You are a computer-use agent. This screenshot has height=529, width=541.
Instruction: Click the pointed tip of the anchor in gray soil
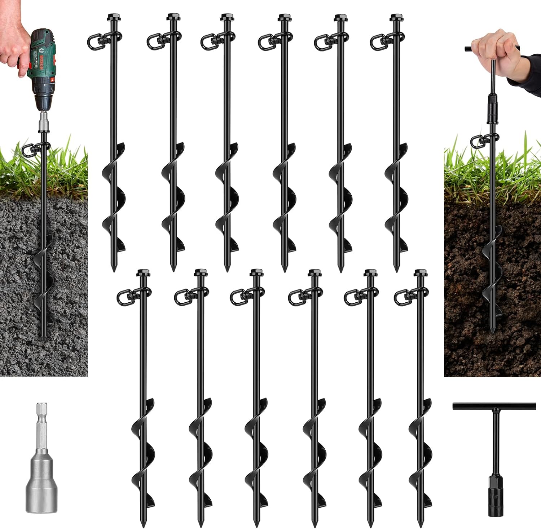tap(43, 339)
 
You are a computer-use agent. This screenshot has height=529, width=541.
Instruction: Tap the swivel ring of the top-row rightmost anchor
tap(377, 41)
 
